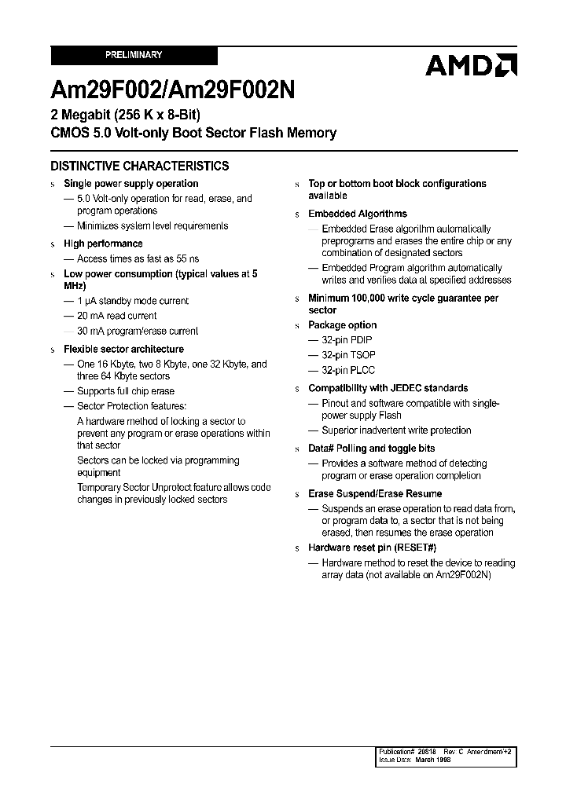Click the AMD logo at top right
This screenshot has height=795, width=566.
(x=470, y=65)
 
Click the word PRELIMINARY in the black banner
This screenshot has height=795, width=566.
(x=134, y=55)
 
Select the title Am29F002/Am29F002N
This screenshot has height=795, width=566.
(x=173, y=90)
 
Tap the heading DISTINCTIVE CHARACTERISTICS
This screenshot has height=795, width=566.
(x=140, y=166)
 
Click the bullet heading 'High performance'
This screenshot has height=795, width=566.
(x=103, y=244)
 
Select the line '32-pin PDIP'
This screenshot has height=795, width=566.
(x=347, y=340)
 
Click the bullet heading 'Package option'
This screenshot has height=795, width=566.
(x=342, y=325)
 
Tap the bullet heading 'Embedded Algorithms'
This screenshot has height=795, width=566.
(x=358, y=214)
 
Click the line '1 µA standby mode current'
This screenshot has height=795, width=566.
(x=132, y=301)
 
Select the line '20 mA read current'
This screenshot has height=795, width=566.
(x=116, y=316)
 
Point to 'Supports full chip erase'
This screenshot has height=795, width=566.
(x=125, y=391)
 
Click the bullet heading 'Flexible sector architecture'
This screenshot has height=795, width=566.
(x=123, y=349)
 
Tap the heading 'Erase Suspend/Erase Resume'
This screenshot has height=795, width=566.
(x=375, y=493)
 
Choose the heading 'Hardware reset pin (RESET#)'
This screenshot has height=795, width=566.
(x=372, y=548)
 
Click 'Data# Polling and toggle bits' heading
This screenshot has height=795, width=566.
(x=371, y=449)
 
